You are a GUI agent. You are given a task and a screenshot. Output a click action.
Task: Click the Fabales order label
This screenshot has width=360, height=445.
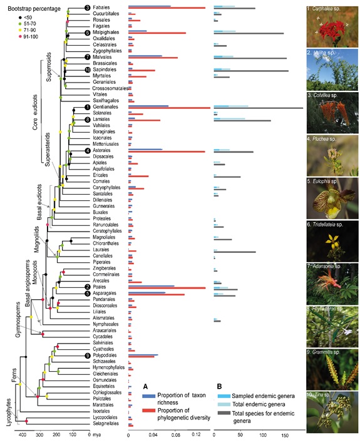point(101,8)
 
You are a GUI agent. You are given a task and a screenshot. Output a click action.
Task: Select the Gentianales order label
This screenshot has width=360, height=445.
point(105,106)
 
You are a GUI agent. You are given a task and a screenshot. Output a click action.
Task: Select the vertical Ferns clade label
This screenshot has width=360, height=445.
point(8,377)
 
